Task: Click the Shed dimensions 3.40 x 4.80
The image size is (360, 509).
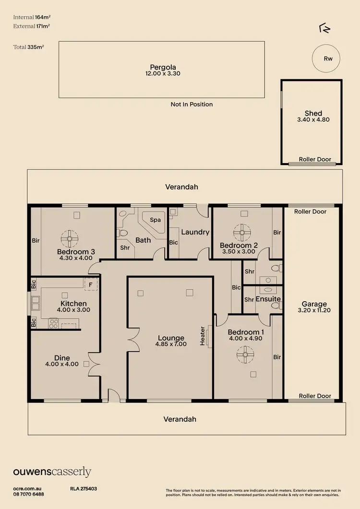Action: coord(313,120)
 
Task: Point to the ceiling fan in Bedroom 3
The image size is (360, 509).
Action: coord(70,237)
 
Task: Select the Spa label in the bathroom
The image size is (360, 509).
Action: coord(155,220)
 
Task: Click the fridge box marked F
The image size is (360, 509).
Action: coord(90,284)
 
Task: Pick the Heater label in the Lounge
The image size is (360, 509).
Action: coord(203,336)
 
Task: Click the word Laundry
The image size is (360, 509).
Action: coord(195,232)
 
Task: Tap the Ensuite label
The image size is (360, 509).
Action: coord(268,299)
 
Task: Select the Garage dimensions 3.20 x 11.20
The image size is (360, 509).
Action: coord(314,310)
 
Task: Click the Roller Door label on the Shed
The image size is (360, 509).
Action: coord(315,159)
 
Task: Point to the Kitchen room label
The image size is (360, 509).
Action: coord(73,303)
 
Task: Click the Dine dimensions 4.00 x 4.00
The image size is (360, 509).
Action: coord(62,365)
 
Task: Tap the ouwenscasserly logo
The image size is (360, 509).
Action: coord(52,472)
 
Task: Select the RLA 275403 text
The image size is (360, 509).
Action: coord(84,488)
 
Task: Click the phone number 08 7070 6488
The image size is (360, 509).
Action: coord(29,494)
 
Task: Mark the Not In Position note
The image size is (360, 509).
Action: coord(192,104)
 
